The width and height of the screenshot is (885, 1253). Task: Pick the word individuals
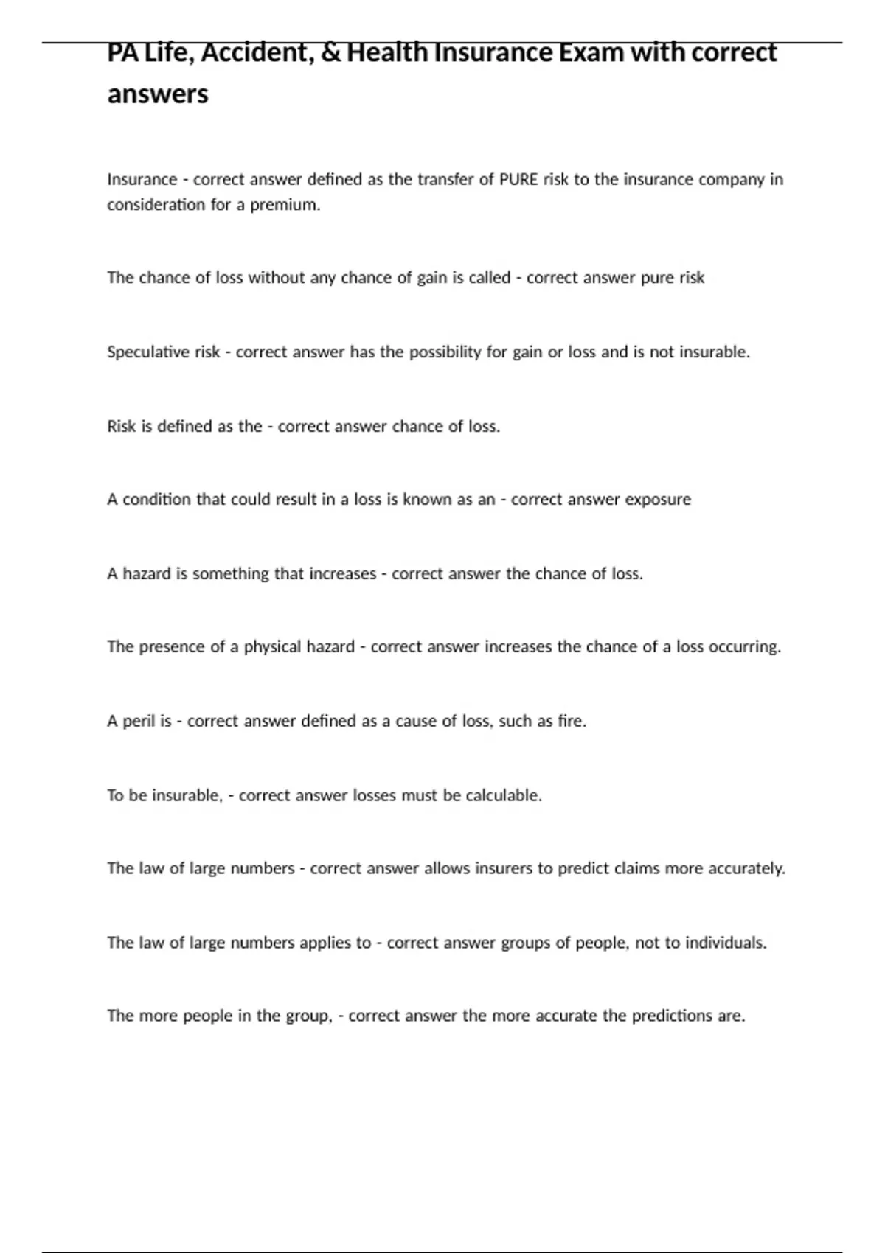726,943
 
